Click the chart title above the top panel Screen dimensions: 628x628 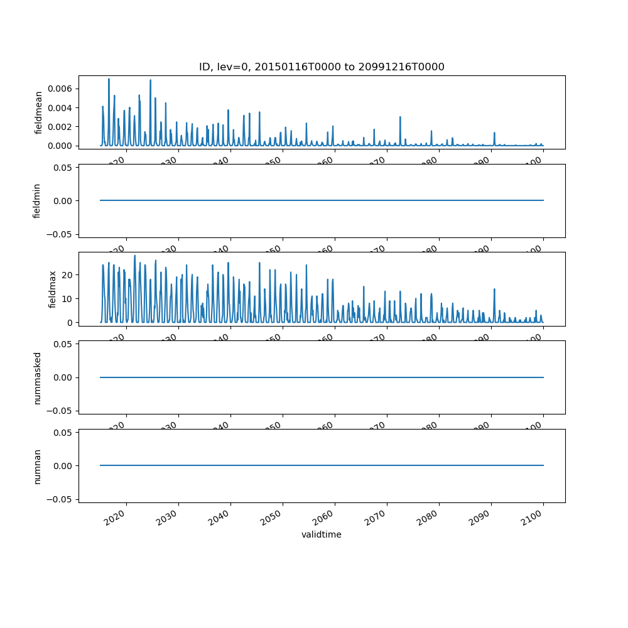pyautogui.click(x=322, y=67)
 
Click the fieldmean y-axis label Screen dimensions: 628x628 pyautogui.click(x=39, y=112)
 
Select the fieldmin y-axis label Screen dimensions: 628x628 pyautogui.click(x=37, y=201)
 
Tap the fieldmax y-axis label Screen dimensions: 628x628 pyautogui.click(x=53, y=289)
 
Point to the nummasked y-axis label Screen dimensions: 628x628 pyautogui.click(x=37, y=377)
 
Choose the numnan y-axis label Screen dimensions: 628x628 pyautogui.click(x=37, y=466)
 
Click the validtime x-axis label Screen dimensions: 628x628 pyautogui.click(x=322, y=535)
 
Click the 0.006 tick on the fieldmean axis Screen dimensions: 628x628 pyautogui.click(x=62, y=89)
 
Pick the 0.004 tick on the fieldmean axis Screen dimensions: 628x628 pyautogui.click(x=62, y=108)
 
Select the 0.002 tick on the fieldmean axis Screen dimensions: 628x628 pyautogui.click(x=62, y=127)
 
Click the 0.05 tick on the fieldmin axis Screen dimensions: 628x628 pyautogui.click(x=63, y=168)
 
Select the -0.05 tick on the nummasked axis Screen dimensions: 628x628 pyautogui.click(x=61, y=411)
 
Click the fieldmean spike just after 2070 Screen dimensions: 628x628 pyautogui.click(x=400, y=117)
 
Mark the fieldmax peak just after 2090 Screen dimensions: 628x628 pyautogui.click(x=494, y=290)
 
